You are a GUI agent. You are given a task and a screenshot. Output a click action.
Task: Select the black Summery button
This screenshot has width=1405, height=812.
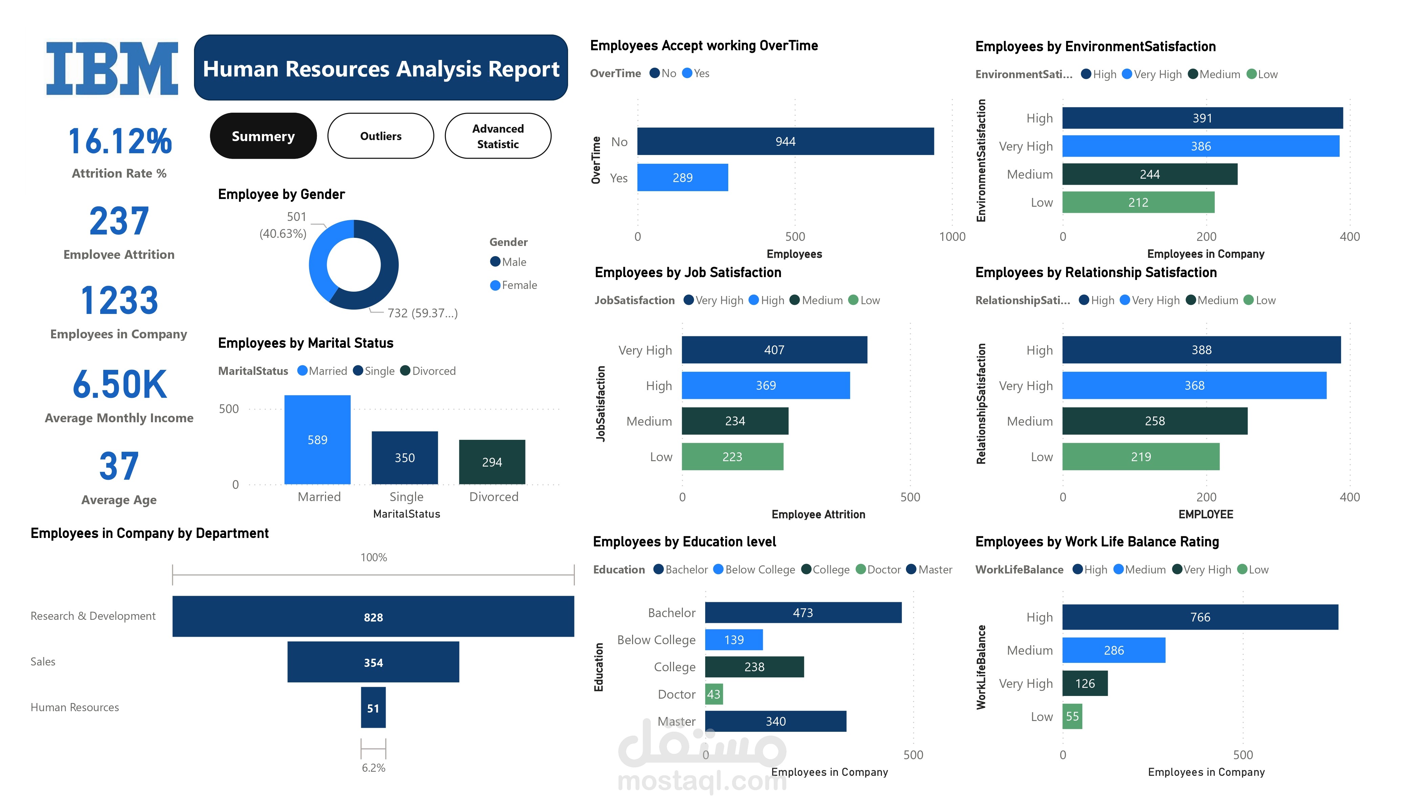tap(263, 136)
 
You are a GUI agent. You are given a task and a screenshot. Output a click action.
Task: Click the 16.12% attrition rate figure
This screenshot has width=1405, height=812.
tap(119, 141)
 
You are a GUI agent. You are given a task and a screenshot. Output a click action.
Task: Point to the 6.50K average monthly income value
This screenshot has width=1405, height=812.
tap(119, 385)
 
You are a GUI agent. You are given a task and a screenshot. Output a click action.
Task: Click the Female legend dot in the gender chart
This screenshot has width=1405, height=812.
tap(495, 285)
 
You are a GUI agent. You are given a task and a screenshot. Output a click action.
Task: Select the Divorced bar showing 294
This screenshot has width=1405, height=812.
tap(492, 462)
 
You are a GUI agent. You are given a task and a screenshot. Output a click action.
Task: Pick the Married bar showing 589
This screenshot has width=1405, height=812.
tap(317, 440)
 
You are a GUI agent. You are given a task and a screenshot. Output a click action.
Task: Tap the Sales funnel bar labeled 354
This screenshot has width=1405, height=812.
tap(373, 662)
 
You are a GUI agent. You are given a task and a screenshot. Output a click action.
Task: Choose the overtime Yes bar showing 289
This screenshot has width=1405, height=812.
tap(683, 178)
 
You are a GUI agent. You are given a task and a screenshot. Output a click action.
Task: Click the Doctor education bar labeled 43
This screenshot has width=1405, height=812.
tap(714, 694)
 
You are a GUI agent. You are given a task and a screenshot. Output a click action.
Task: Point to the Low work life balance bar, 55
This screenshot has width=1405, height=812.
tap(1072, 717)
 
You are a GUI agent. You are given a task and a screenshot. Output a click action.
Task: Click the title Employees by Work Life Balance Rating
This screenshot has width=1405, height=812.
tap(1097, 542)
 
